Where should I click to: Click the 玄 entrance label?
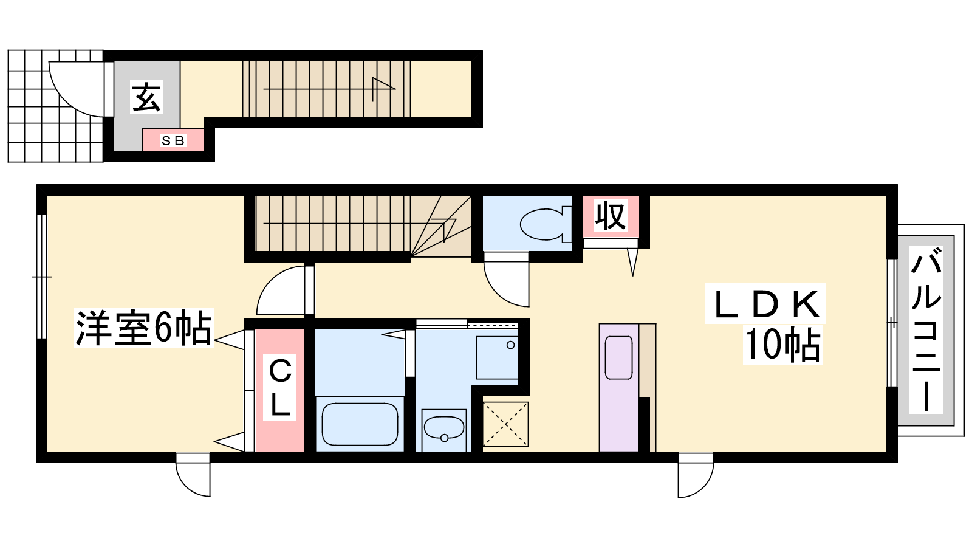pyautogui.click(x=146, y=97)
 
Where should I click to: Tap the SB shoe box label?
pyautogui.click(x=173, y=140)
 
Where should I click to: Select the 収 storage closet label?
pyautogui.click(x=611, y=215)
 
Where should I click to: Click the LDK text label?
pyautogui.click(x=765, y=304)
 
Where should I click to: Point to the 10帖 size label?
pyautogui.click(x=783, y=344)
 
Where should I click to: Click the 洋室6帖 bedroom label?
pyautogui.click(x=143, y=328)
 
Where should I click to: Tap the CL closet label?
pyautogui.click(x=280, y=387)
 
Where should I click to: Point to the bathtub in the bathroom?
pyautogui.click(x=360, y=424)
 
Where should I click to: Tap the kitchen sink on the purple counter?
pyautogui.click(x=619, y=358)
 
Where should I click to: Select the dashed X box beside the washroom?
pyautogui.click(x=505, y=424)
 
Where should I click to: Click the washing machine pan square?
pyautogui.click(x=498, y=358)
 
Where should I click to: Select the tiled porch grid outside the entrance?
pyautogui.click(x=55, y=106)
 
